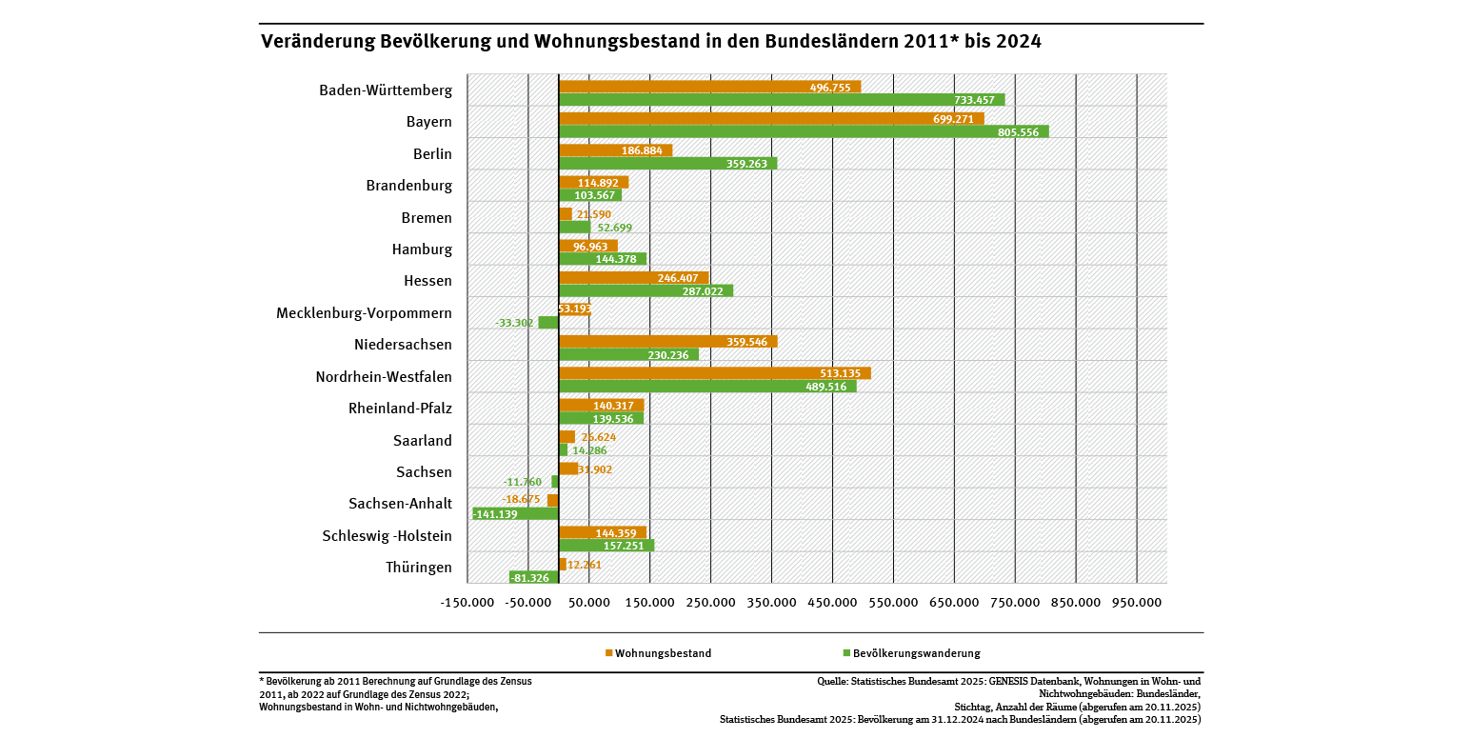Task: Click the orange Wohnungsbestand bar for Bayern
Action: point(771,119)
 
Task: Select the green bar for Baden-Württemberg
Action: point(781,100)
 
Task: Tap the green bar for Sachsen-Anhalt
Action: point(515,514)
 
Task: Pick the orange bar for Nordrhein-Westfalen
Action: point(714,373)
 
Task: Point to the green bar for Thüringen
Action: point(534,578)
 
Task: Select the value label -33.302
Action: point(514,323)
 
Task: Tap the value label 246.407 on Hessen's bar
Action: point(678,278)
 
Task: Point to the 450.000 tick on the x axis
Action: point(832,603)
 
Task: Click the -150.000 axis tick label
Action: point(467,603)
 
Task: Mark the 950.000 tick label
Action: point(1137,603)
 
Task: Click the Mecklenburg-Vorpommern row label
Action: point(364,313)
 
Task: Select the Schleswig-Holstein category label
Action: point(387,536)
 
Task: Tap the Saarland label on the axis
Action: point(422,441)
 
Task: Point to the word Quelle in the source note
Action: point(833,682)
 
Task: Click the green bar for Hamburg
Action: point(602,259)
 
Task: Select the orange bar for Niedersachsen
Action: point(666,342)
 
